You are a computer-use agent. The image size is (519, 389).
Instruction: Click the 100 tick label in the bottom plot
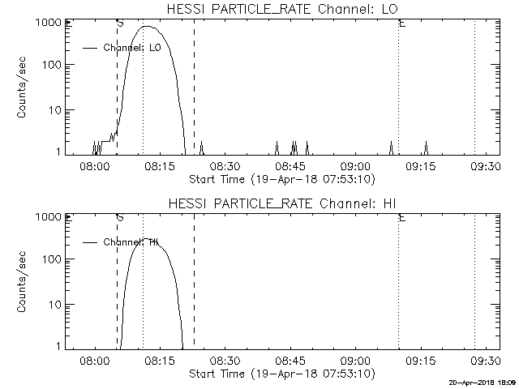coord(51,259)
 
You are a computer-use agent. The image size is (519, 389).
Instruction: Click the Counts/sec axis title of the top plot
coord(24,88)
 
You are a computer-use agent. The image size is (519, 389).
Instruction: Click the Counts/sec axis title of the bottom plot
coord(24,282)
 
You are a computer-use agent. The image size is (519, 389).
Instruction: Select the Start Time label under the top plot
coord(281,178)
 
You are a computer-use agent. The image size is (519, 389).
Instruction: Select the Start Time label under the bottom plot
coord(281,374)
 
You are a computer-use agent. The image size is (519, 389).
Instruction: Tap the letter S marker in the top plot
coord(120,23)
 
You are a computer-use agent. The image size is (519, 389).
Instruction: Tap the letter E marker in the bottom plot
coord(402,217)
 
